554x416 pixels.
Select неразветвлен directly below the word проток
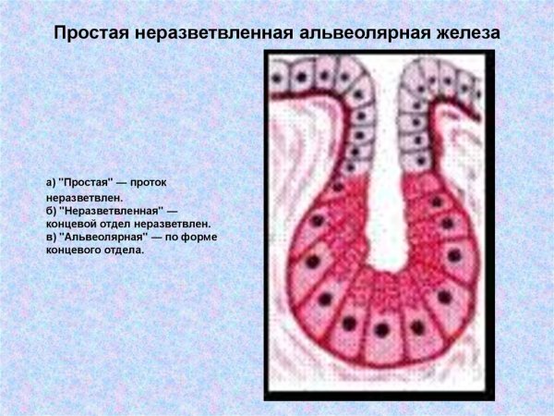click(x=84, y=197)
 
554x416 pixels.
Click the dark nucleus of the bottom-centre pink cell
click(x=380, y=329)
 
